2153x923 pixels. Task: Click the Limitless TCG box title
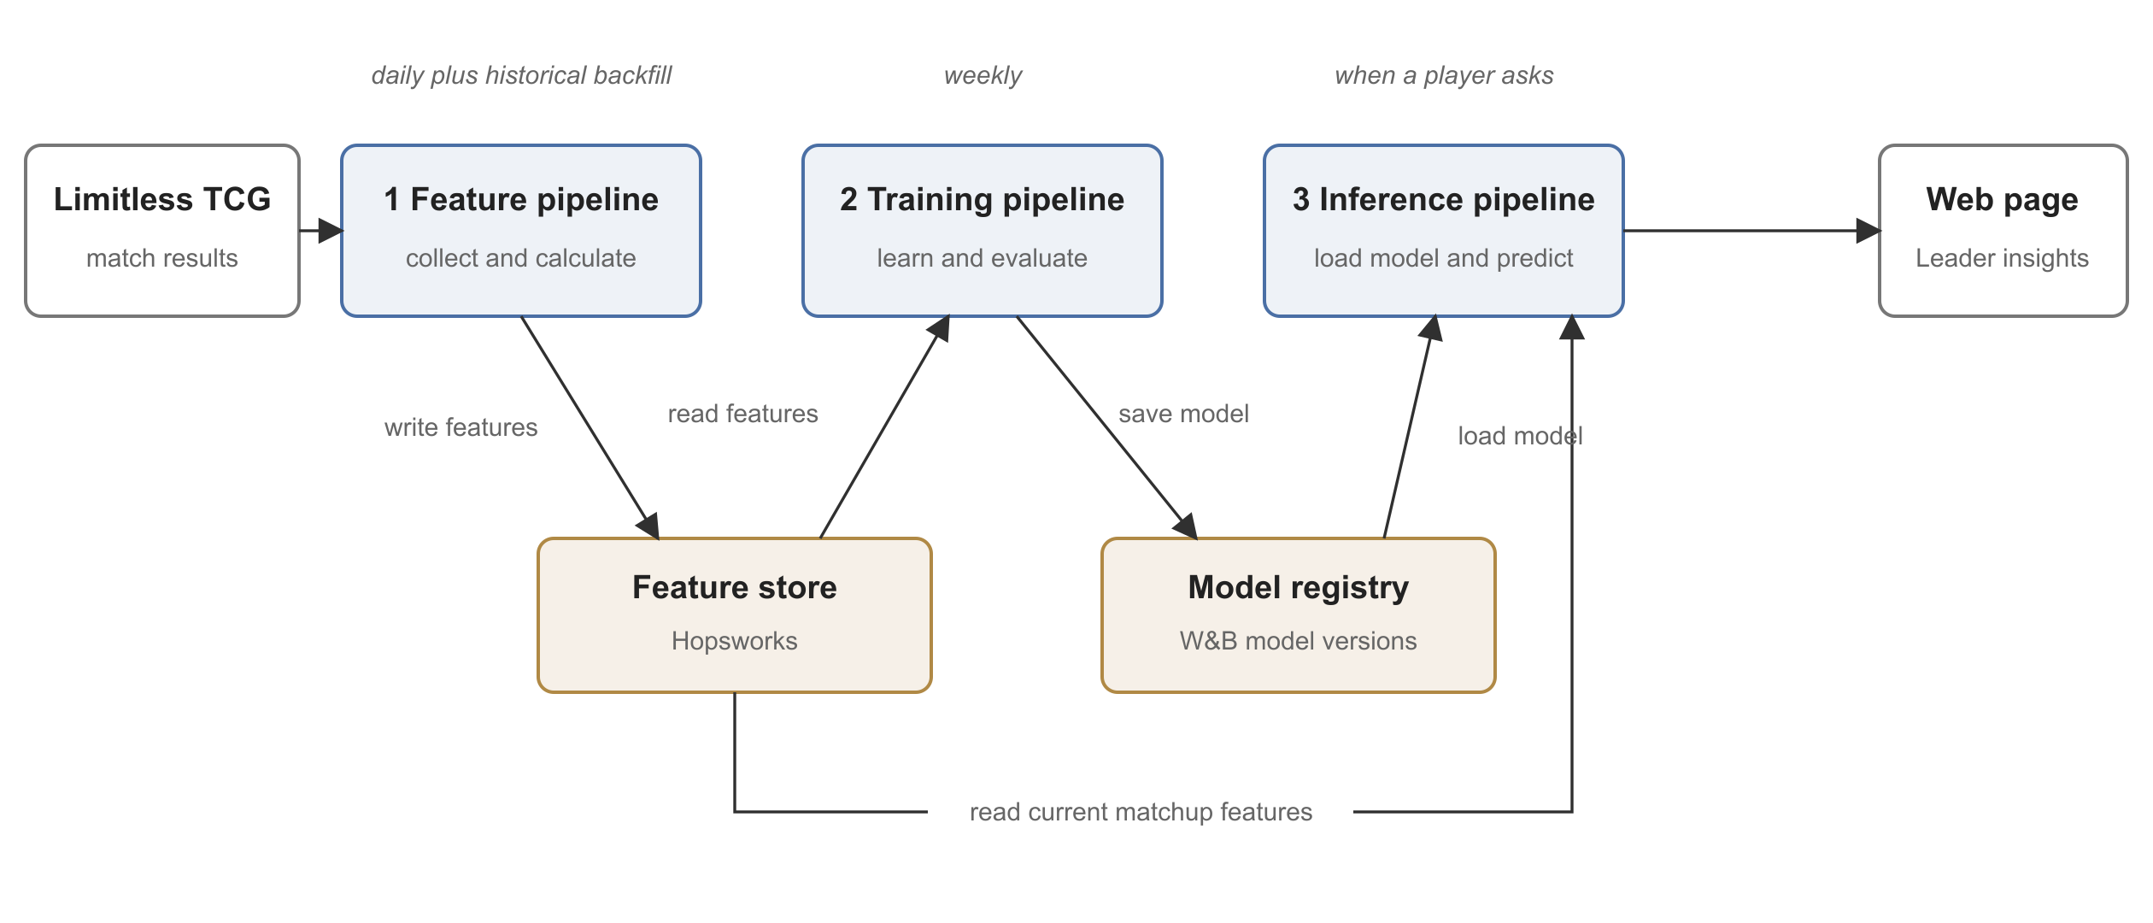[162, 199]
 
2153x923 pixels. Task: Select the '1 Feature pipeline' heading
[521, 200]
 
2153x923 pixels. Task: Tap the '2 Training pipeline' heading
[983, 200]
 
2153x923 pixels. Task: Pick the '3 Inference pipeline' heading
[1444, 200]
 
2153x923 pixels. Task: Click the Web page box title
[2003, 200]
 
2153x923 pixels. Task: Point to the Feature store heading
[735, 587]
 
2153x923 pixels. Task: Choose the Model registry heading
[1299, 588]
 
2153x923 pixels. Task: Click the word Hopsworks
[735, 641]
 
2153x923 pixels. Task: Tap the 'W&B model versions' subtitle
[1299, 641]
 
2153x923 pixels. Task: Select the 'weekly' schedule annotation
[983, 75]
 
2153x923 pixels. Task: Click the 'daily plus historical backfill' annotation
[521, 75]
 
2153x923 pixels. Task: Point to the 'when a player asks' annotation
[1444, 75]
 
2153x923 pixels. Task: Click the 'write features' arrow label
[461, 427]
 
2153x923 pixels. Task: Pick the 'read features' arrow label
[743, 414]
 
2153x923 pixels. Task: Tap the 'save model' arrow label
[1184, 414]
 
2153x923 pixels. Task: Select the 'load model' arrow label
[1521, 436]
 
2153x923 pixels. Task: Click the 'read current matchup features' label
[1141, 812]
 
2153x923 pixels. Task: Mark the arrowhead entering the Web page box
[1868, 231]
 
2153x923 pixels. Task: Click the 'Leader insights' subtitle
[2003, 258]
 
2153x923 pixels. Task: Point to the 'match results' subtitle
[162, 258]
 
